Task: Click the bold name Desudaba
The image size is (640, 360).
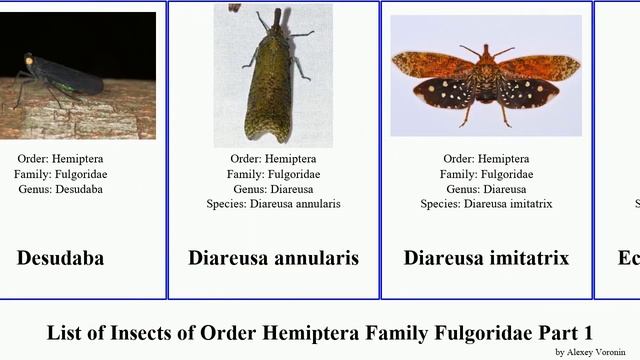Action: pyautogui.click(x=60, y=258)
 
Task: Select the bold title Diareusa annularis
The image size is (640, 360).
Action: pyautogui.click(x=273, y=258)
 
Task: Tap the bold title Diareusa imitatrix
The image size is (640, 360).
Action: pyautogui.click(x=486, y=258)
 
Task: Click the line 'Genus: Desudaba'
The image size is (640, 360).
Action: pyautogui.click(x=60, y=189)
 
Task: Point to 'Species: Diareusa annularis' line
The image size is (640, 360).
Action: pyautogui.click(x=273, y=204)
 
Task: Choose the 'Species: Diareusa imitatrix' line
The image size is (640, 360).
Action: pyautogui.click(x=486, y=204)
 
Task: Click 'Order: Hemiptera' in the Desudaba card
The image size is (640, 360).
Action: pyautogui.click(x=60, y=159)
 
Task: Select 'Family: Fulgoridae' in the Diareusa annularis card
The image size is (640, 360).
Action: pyautogui.click(x=273, y=174)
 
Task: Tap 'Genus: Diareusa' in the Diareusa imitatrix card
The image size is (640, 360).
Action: pyautogui.click(x=486, y=189)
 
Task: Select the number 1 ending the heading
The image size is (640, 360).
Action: pyautogui.click(x=588, y=332)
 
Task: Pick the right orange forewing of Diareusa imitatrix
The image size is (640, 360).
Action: pyautogui.click(x=540, y=67)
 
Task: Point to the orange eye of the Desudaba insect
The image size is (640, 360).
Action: pyautogui.click(x=28, y=62)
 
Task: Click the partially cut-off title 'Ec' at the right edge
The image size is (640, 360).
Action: pyautogui.click(x=629, y=258)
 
